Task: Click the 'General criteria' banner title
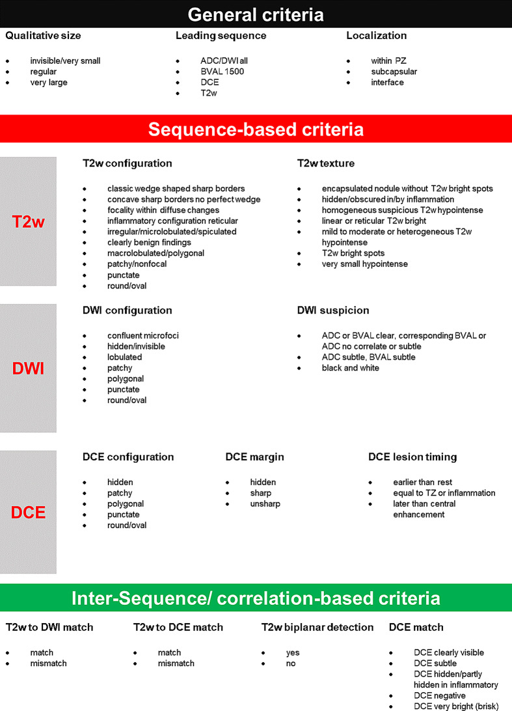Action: tap(256, 14)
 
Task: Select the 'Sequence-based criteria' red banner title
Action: tap(256, 129)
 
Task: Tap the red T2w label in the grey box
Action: tap(29, 222)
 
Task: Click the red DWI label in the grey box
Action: tap(29, 369)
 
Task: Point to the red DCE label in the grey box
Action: tap(29, 512)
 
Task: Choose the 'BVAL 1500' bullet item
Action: tap(222, 72)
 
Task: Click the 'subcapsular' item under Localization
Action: tap(394, 72)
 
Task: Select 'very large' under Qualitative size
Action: tap(49, 83)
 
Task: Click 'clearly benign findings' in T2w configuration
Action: tap(149, 242)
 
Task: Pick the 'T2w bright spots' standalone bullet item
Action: tap(353, 253)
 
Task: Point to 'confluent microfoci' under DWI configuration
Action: tap(143, 335)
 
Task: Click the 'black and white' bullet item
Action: tap(351, 368)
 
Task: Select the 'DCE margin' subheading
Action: tap(254, 457)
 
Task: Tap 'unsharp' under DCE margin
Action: tap(265, 504)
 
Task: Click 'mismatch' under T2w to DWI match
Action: tap(48, 663)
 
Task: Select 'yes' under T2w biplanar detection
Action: tap(293, 652)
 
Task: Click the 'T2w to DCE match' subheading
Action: tap(178, 628)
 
